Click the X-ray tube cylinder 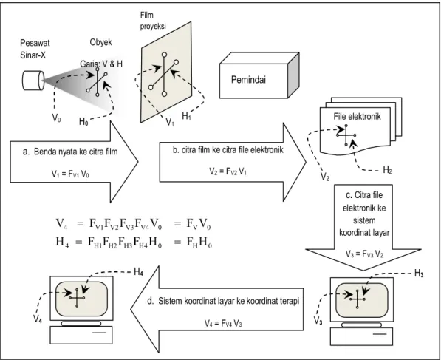pyautogui.click(x=33, y=81)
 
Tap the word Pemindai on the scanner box pyautogui.click(x=248, y=80)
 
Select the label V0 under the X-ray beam pyautogui.click(x=57, y=118)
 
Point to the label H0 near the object pyautogui.click(x=83, y=121)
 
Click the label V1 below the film pyautogui.click(x=170, y=122)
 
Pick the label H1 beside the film pyautogui.click(x=186, y=115)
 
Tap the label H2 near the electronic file pyautogui.click(x=387, y=170)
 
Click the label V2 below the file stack pyautogui.click(x=325, y=177)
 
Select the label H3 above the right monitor pyautogui.click(x=419, y=274)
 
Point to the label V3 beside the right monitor pyautogui.click(x=318, y=320)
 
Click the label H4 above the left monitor pyautogui.click(x=138, y=272)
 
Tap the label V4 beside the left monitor pyautogui.click(x=38, y=319)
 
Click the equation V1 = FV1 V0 pyautogui.click(x=70, y=174)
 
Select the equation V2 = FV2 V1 pyautogui.click(x=228, y=171)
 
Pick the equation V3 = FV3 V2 pyautogui.click(x=364, y=254)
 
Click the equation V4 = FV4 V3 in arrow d pyautogui.click(x=223, y=323)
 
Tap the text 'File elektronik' pyautogui.click(x=358, y=117)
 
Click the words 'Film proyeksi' pyautogui.click(x=153, y=20)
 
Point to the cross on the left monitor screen pyautogui.click(x=77, y=297)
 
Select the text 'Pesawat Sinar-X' pyautogui.click(x=35, y=49)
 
